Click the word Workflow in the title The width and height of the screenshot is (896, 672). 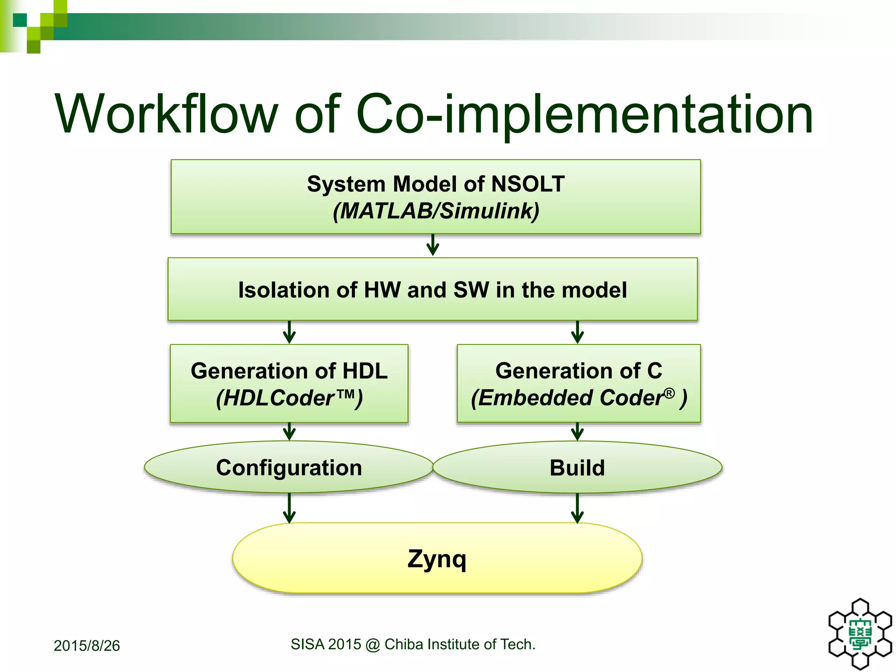pyautogui.click(x=166, y=115)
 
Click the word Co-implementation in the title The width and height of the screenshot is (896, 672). pyautogui.click(x=584, y=115)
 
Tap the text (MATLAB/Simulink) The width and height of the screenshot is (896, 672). pyautogui.click(x=436, y=211)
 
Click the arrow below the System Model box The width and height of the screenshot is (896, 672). pyautogui.click(x=433, y=245)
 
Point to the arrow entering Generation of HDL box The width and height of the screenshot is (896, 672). pyautogui.click(x=289, y=332)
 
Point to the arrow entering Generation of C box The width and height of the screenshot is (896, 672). pyautogui.click(x=577, y=332)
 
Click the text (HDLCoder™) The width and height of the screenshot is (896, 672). pyautogui.click(x=289, y=398)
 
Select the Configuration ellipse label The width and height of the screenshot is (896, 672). pyautogui.click(x=289, y=468)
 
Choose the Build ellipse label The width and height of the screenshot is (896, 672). pyautogui.click(x=577, y=468)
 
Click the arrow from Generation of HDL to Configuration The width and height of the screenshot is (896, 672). pyautogui.click(x=289, y=432)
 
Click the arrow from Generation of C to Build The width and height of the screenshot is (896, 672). pyautogui.click(x=577, y=432)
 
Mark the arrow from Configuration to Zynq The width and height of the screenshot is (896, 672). pyautogui.click(x=289, y=508)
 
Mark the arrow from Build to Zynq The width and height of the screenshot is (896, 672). pyautogui.click(x=577, y=508)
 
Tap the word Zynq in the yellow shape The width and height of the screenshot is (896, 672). pyautogui.click(x=437, y=559)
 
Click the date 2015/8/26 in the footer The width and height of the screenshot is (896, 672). pyautogui.click(x=87, y=646)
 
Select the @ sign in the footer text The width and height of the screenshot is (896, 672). pyautogui.click(x=373, y=645)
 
